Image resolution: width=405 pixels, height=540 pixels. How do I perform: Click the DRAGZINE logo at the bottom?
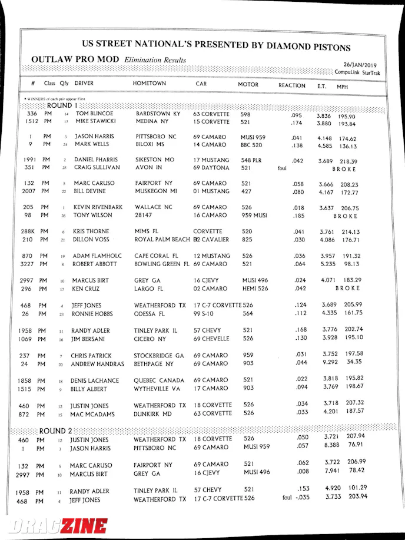[x=57, y=526]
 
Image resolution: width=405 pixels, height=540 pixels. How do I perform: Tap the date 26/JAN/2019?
[x=360, y=65]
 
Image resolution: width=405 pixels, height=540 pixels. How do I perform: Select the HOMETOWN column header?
[x=149, y=84]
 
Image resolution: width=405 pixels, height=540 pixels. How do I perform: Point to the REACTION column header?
[x=291, y=86]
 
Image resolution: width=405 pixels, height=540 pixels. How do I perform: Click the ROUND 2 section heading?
[x=54, y=430]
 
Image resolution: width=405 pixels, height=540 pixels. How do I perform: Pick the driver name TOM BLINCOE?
[x=94, y=114]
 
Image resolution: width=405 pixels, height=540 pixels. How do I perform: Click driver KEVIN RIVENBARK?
[x=98, y=207]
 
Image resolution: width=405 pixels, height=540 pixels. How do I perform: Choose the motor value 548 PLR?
[x=253, y=160]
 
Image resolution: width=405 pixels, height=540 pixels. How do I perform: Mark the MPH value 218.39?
[x=364, y=161]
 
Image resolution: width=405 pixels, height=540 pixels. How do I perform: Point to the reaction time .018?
[x=297, y=208]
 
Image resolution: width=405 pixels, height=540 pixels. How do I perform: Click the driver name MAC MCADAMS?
[x=95, y=414]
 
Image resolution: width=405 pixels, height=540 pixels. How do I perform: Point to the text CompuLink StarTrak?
[x=357, y=73]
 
